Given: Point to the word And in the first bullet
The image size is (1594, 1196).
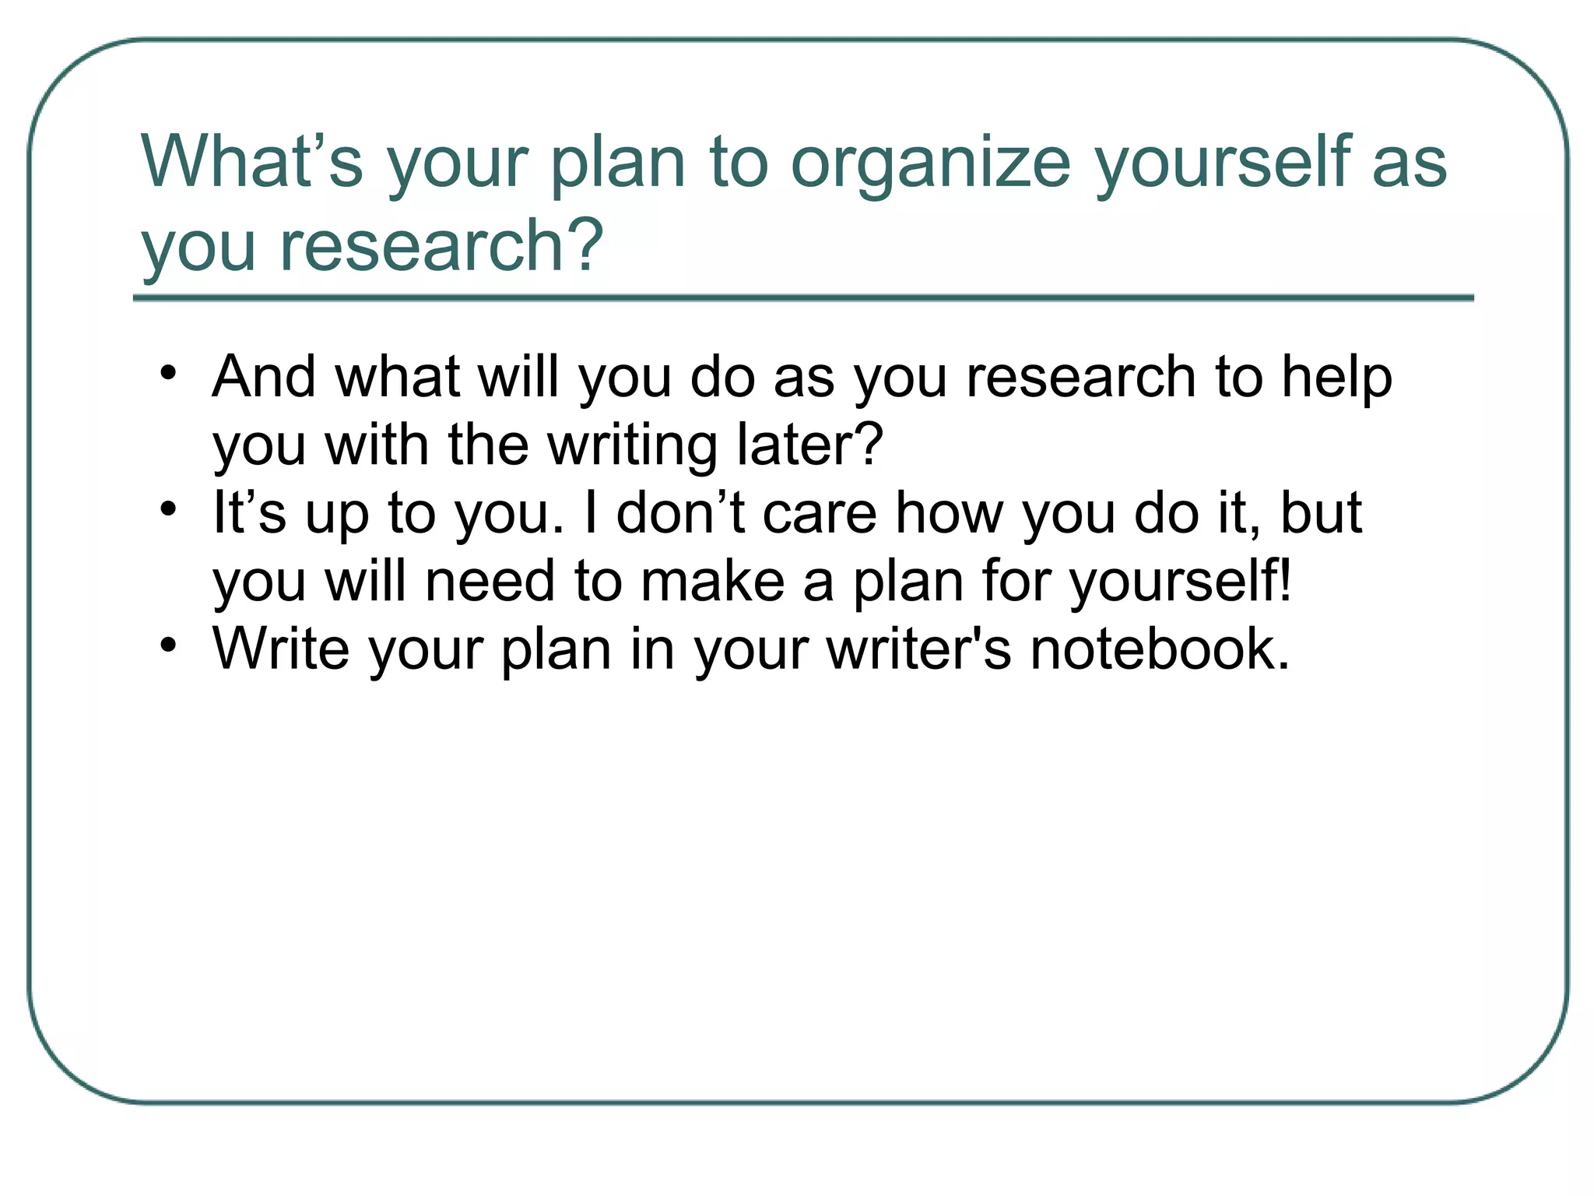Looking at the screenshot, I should coord(264,377).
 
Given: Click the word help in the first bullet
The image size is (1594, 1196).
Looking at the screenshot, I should coord(1336,377).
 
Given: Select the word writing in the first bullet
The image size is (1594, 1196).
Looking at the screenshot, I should coord(632,445).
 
